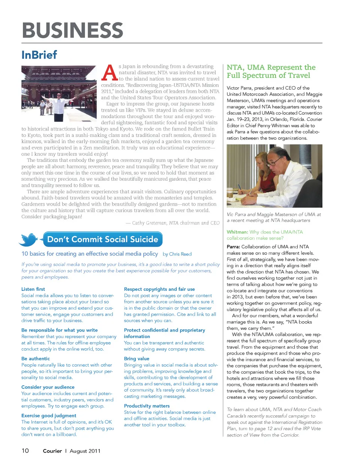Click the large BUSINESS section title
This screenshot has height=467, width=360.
(72, 30)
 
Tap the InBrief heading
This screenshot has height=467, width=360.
(39, 55)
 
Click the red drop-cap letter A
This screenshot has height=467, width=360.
(109, 73)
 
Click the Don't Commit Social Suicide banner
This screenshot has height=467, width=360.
(102, 239)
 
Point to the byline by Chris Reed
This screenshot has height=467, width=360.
(177, 254)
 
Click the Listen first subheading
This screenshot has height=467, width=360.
(33, 289)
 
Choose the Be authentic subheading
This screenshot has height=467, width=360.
(36, 359)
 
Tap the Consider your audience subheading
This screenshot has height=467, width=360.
(48, 387)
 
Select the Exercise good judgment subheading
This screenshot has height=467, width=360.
(49, 416)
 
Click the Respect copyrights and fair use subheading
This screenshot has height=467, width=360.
(159, 289)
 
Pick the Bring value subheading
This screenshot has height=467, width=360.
(136, 359)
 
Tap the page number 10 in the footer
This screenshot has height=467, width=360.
(25, 451)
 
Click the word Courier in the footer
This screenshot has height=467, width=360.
(52, 451)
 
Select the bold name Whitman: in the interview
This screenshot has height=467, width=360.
(237, 232)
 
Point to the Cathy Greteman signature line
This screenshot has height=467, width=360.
(173, 223)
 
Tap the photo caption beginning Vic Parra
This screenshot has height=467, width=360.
(274, 217)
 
